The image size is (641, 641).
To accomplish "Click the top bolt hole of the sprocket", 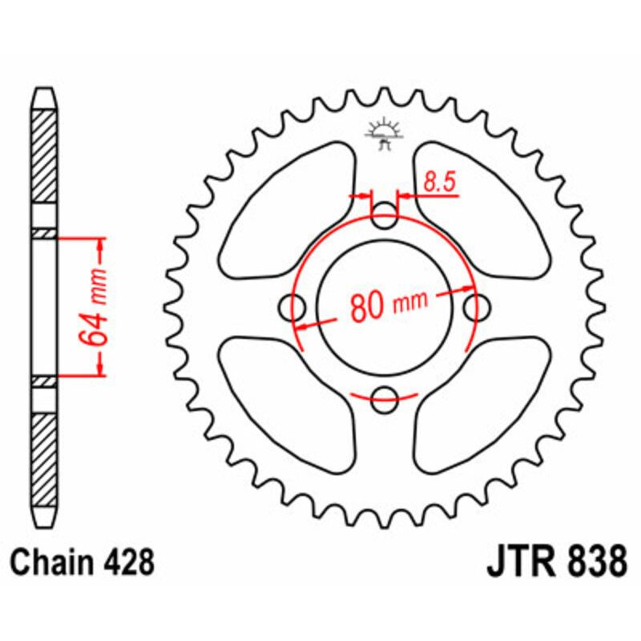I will point(385,213).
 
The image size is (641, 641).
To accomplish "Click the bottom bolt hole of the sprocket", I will point(385,395).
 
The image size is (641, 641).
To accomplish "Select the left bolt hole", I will point(294,304).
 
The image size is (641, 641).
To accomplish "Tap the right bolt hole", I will point(478,304).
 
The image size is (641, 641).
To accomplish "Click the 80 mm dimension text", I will point(389,304).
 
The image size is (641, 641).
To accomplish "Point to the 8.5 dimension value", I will point(439,183).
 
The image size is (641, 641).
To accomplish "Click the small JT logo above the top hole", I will point(385,133).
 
